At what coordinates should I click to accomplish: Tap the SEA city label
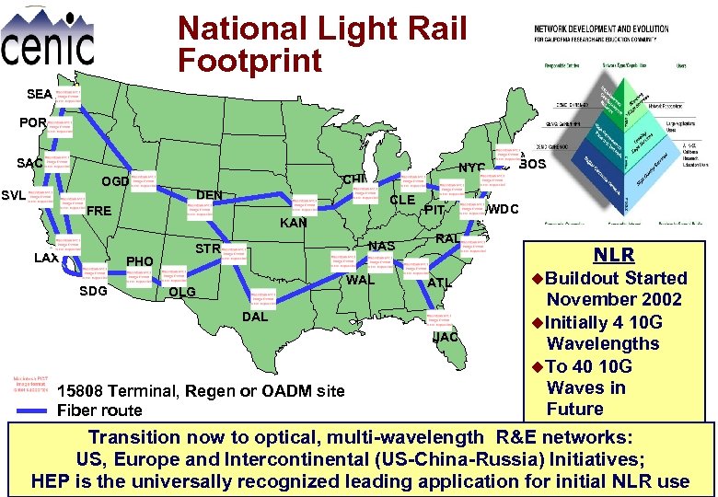pos(40,94)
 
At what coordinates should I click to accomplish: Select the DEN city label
pos(209,195)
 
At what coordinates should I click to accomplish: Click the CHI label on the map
pos(354,179)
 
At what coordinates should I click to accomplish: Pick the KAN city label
pos(294,223)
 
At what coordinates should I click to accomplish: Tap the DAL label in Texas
pos(255,316)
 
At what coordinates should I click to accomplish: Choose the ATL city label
pos(439,283)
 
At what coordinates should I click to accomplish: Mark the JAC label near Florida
pos(446,337)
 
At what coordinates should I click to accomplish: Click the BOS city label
pos(532,165)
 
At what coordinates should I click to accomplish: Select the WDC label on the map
pos(504,209)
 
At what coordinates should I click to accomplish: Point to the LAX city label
pos(46,258)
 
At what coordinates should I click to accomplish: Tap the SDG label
pos(94,292)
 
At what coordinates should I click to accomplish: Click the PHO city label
pos(140,261)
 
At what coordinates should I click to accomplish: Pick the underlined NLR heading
pos(612,254)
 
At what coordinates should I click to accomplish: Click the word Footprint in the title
pos(249,61)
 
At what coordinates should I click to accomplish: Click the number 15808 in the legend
pos(79,391)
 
